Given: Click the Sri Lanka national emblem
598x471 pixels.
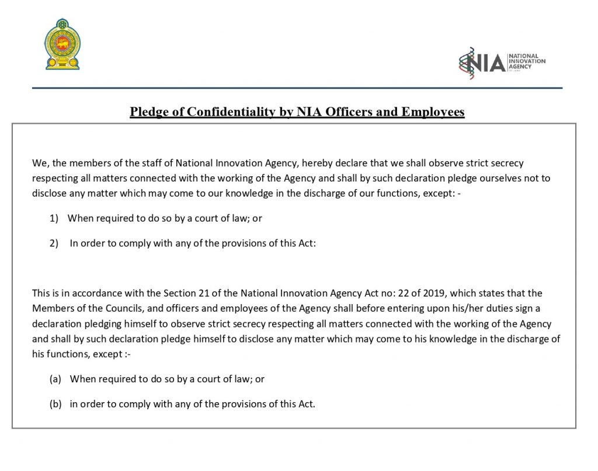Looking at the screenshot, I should pos(64,44).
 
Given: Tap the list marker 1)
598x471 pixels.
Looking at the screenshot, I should pos(54,218).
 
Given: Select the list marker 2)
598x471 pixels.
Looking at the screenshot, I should pos(54,244).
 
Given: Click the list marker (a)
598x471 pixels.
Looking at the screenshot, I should pos(55,379).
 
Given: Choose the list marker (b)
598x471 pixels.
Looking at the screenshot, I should pos(55,404).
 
